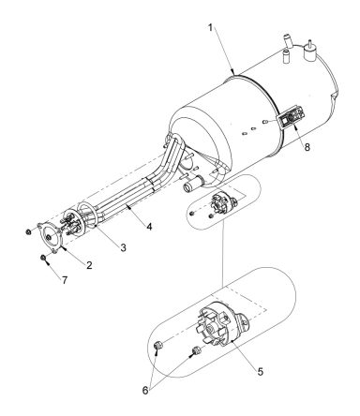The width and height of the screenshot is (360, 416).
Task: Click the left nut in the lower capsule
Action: [158, 349]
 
